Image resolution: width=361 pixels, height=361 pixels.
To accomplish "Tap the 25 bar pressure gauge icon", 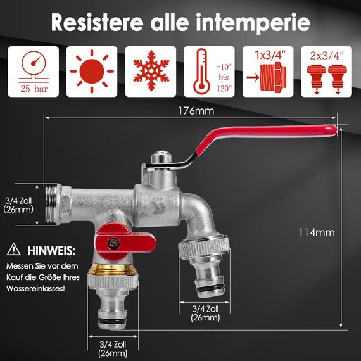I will (x=32, y=72).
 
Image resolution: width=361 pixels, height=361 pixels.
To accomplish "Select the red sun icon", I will (x=92, y=72).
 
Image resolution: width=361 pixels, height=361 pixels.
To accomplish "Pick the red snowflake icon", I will (x=151, y=72).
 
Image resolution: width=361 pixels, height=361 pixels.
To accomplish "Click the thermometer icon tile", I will (x=210, y=72).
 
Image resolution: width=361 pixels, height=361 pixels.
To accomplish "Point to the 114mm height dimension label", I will (x=315, y=232).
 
